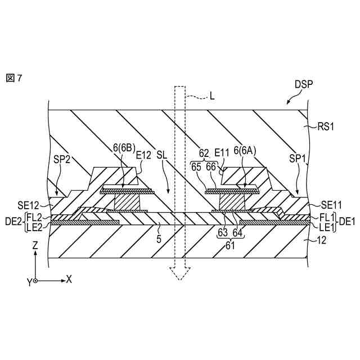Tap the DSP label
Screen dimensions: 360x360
click(304, 84)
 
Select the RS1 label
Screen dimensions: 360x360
click(326, 127)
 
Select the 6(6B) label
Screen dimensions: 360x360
click(123, 148)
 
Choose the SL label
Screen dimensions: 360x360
click(162, 154)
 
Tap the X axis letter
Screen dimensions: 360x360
click(69, 279)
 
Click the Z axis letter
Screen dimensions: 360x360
click(35, 246)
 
